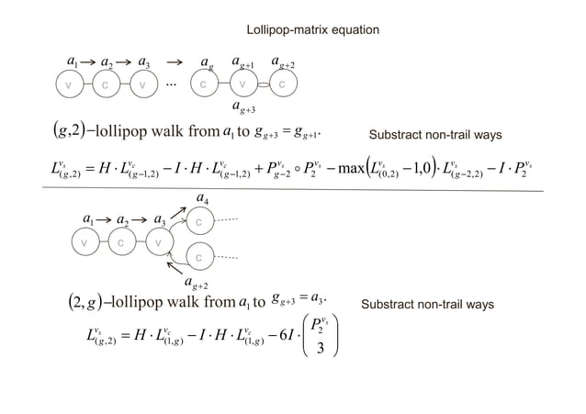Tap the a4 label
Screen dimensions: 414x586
(202, 196)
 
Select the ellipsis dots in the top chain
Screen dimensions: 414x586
(172, 84)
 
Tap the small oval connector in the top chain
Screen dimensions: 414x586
(263, 85)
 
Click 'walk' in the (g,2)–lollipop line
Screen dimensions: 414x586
(175, 136)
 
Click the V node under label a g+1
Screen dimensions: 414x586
(242, 84)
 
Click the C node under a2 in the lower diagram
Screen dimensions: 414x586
(118, 243)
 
